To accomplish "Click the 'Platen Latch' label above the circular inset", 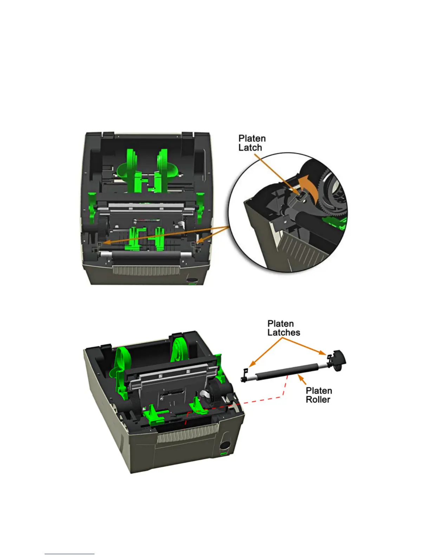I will pos(252,143).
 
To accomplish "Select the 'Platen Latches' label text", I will pos(283,328).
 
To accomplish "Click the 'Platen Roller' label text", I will pos(318,395).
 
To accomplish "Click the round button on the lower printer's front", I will pos(223,445).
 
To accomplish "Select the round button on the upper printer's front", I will pos(192,280).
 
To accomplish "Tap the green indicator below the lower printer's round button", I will pos(223,454).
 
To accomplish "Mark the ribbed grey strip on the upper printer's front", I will pos(146,271).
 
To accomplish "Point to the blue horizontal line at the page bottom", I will pos(70,554).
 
